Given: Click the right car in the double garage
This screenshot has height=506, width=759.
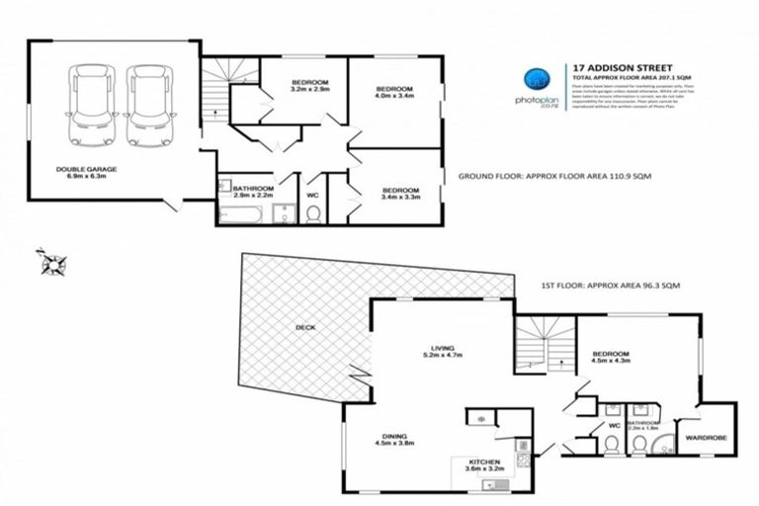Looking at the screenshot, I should (x=144, y=104).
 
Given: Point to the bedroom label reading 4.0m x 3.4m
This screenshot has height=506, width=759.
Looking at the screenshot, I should (x=393, y=91).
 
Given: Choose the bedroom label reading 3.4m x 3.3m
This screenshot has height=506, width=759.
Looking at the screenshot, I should (x=400, y=194).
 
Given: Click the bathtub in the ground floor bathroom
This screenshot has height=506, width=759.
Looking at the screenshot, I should (x=241, y=212).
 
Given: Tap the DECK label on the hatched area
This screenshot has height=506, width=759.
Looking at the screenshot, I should (x=304, y=328).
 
